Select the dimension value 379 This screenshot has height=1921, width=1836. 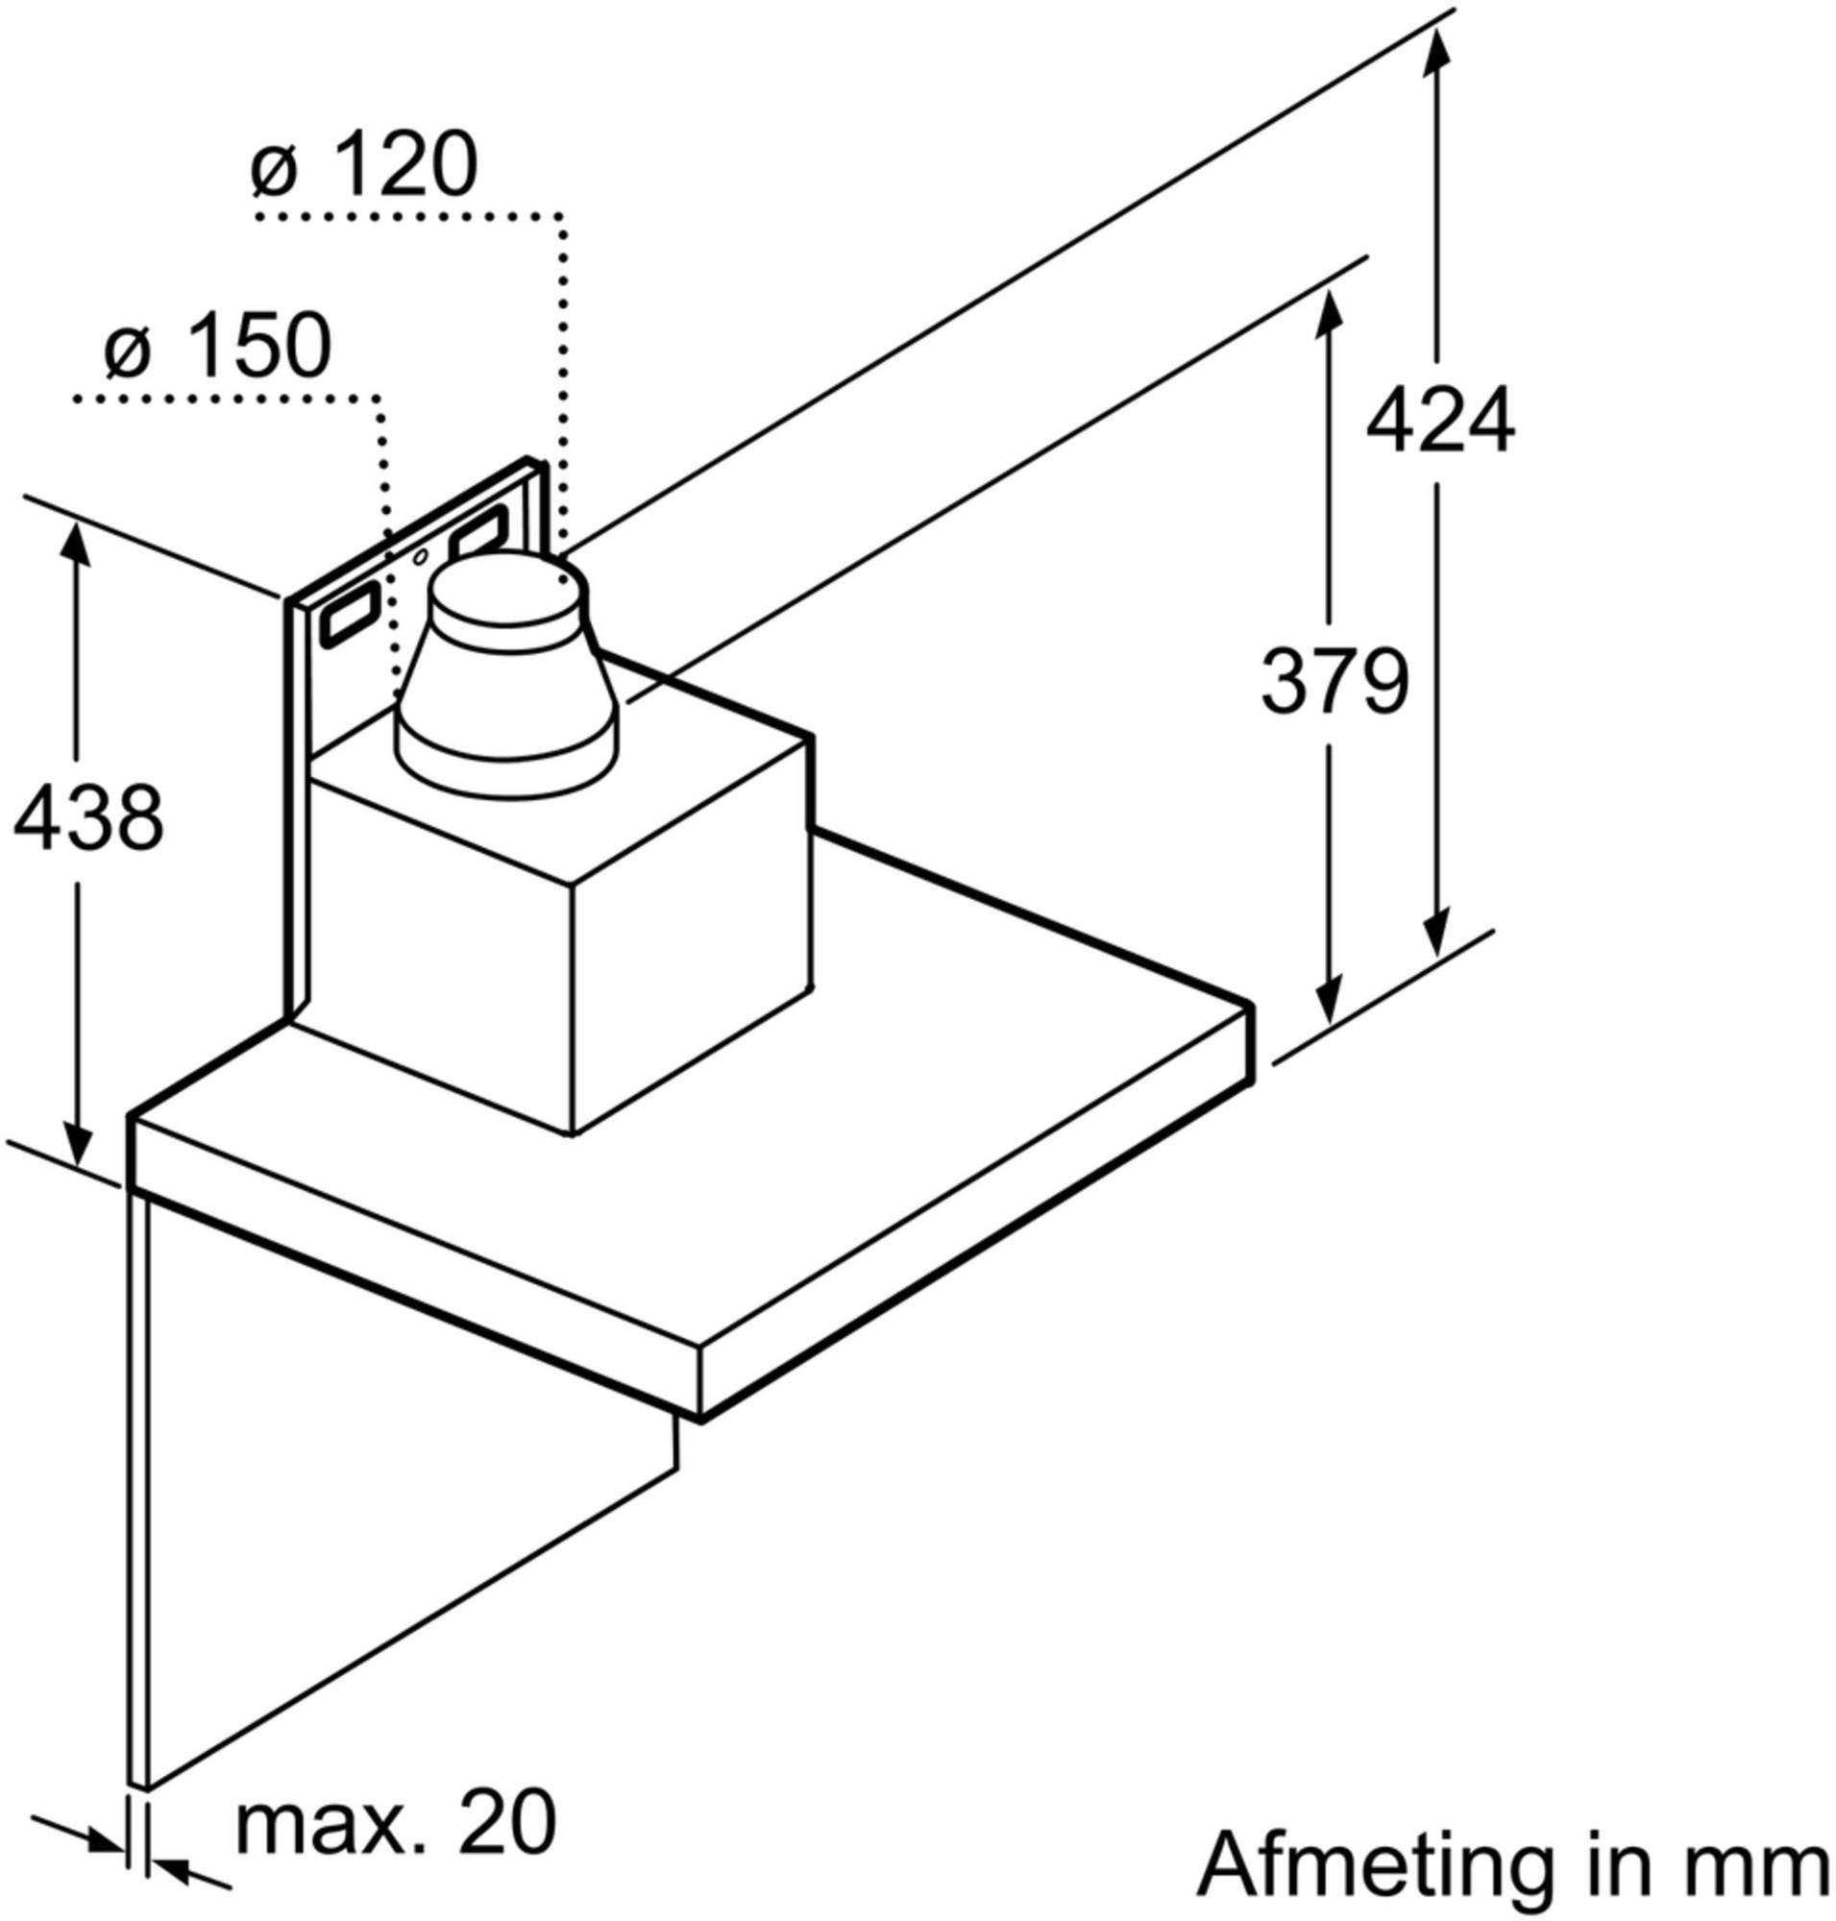pyautogui.click(x=1334, y=682)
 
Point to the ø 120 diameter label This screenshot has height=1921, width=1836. pyautogui.click(x=364, y=167)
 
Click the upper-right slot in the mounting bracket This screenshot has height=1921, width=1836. pyautogui.click(x=477, y=534)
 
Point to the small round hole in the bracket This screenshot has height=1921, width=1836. pyautogui.click(x=420, y=558)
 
